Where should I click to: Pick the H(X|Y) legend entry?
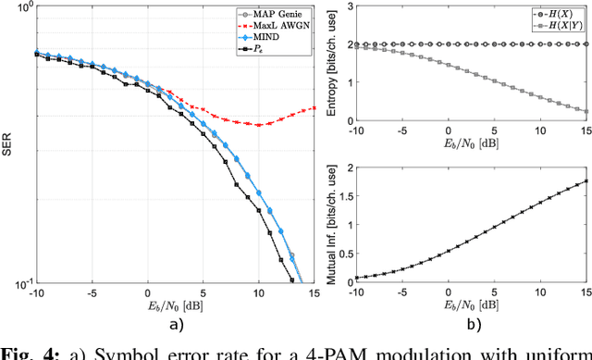pos(555,30)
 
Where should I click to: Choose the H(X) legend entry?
pos(553,16)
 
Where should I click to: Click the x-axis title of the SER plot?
pos(169,306)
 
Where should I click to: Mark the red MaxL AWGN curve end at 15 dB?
pos(314,107)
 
